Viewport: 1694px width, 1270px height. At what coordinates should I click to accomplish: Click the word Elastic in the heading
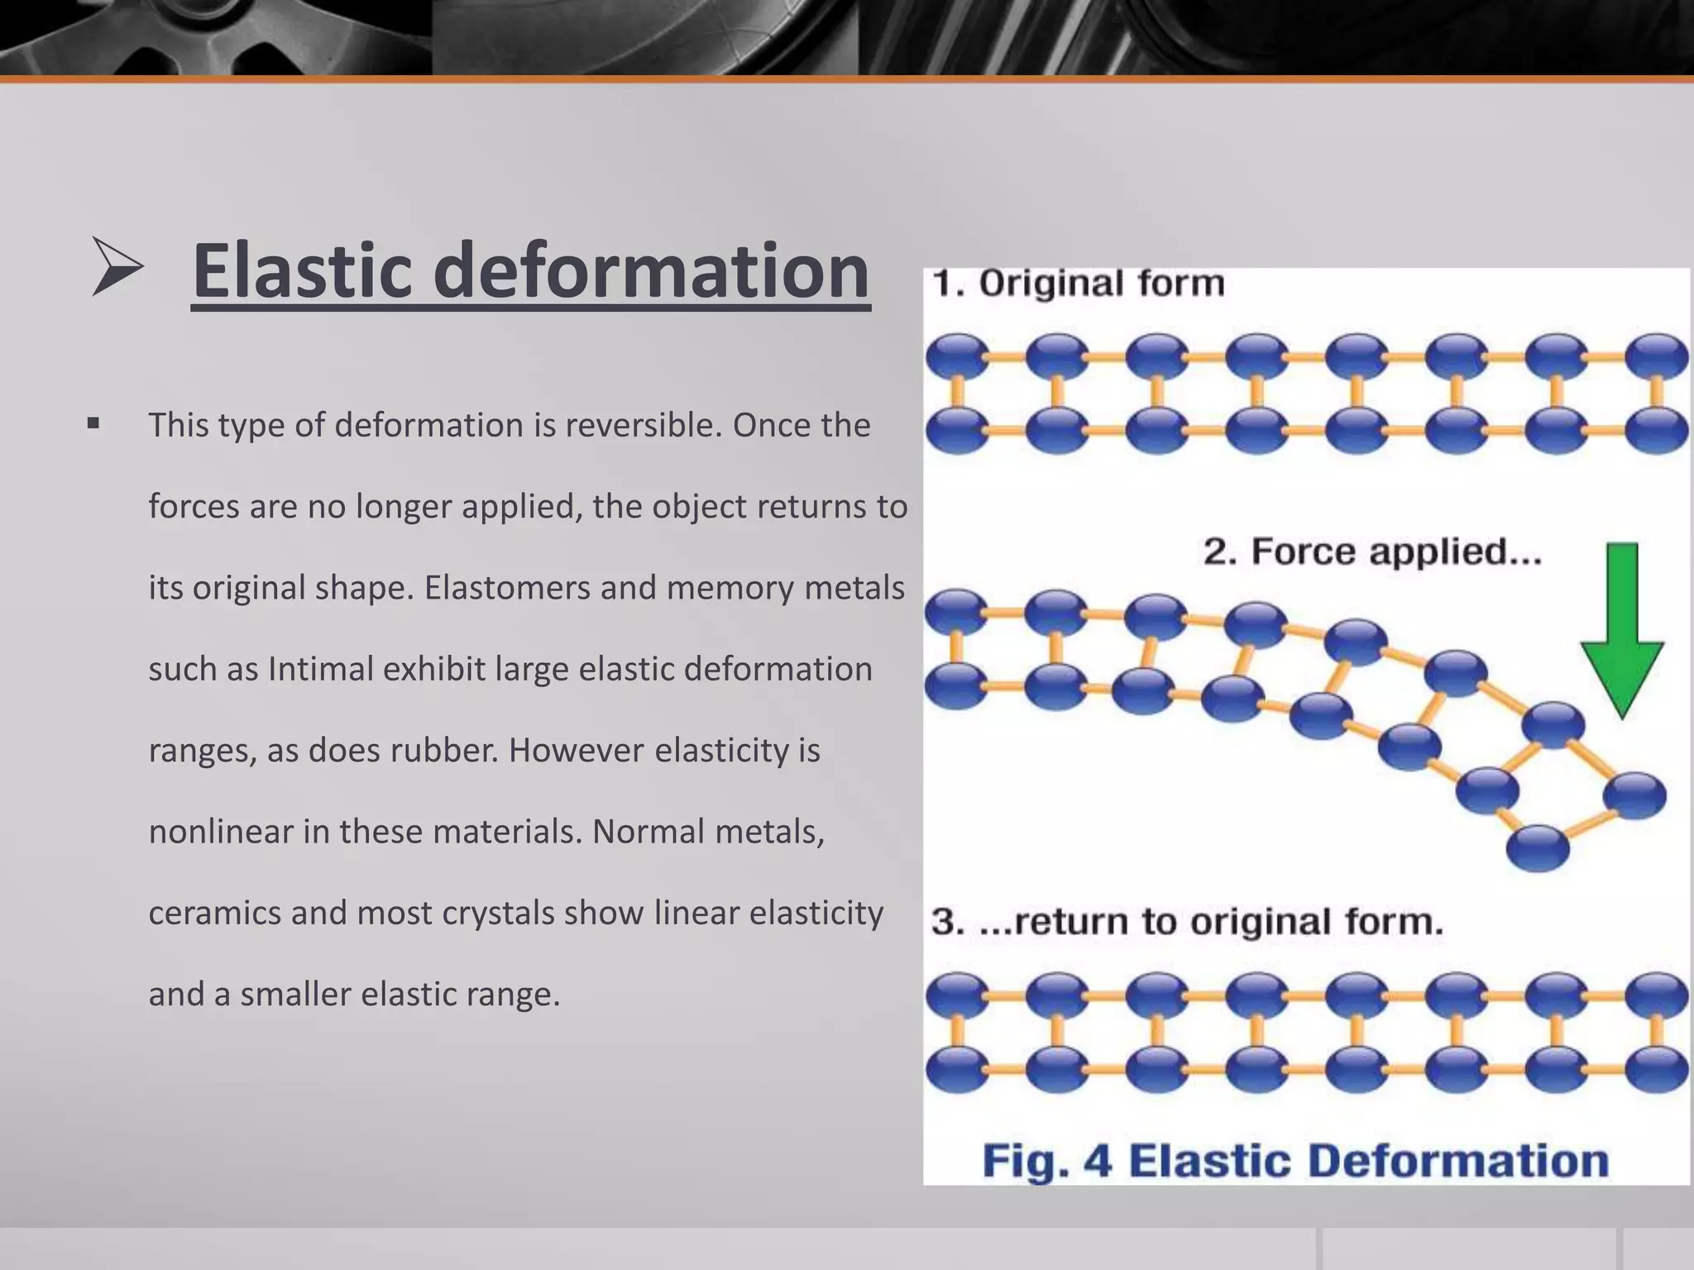(302, 271)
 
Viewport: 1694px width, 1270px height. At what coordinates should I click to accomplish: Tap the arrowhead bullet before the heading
(117, 267)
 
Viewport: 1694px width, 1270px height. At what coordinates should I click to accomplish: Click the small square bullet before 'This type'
(93, 424)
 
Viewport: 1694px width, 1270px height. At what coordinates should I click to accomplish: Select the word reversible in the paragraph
(644, 425)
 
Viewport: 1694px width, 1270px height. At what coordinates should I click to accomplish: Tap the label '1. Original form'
(1078, 284)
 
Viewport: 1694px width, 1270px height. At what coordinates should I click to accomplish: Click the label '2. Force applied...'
(1371, 551)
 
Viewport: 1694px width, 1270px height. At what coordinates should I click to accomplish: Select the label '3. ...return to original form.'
(1187, 921)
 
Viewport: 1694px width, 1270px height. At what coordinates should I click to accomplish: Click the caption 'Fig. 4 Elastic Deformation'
(1294, 1160)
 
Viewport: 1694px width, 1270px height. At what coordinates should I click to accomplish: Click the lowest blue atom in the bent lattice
(1538, 847)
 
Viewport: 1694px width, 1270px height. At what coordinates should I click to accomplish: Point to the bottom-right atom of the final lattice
(1656, 1069)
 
